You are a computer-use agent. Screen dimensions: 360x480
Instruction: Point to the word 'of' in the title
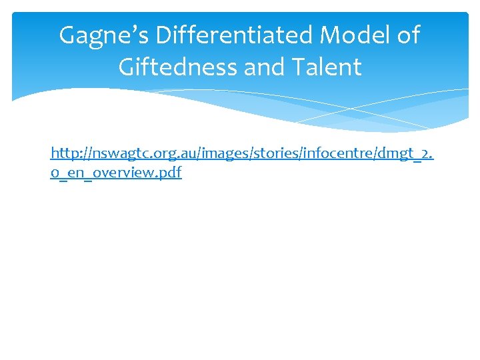click(407, 35)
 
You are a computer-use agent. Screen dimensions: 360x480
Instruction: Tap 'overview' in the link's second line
click(126, 173)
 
